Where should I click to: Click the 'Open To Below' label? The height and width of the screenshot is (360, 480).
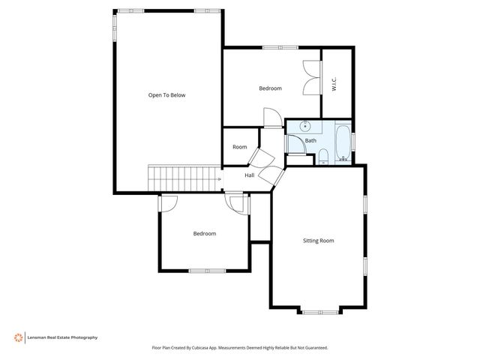click(166, 95)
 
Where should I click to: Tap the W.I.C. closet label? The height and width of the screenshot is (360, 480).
click(334, 85)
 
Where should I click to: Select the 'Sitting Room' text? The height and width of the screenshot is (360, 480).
click(318, 241)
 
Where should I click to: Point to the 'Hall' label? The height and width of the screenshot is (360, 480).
click(249, 175)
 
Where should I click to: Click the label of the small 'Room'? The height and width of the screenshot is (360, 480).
click(239, 147)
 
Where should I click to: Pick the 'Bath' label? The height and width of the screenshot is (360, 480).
click(310, 140)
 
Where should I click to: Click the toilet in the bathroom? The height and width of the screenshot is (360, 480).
click(322, 156)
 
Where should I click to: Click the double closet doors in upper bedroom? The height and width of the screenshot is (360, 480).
click(310, 77)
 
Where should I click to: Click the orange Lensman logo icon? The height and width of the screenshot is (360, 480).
click(16, 337)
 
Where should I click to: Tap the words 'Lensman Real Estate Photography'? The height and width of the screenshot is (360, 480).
click(63, 337)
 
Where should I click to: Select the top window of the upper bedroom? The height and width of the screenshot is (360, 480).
click(271, 48)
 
